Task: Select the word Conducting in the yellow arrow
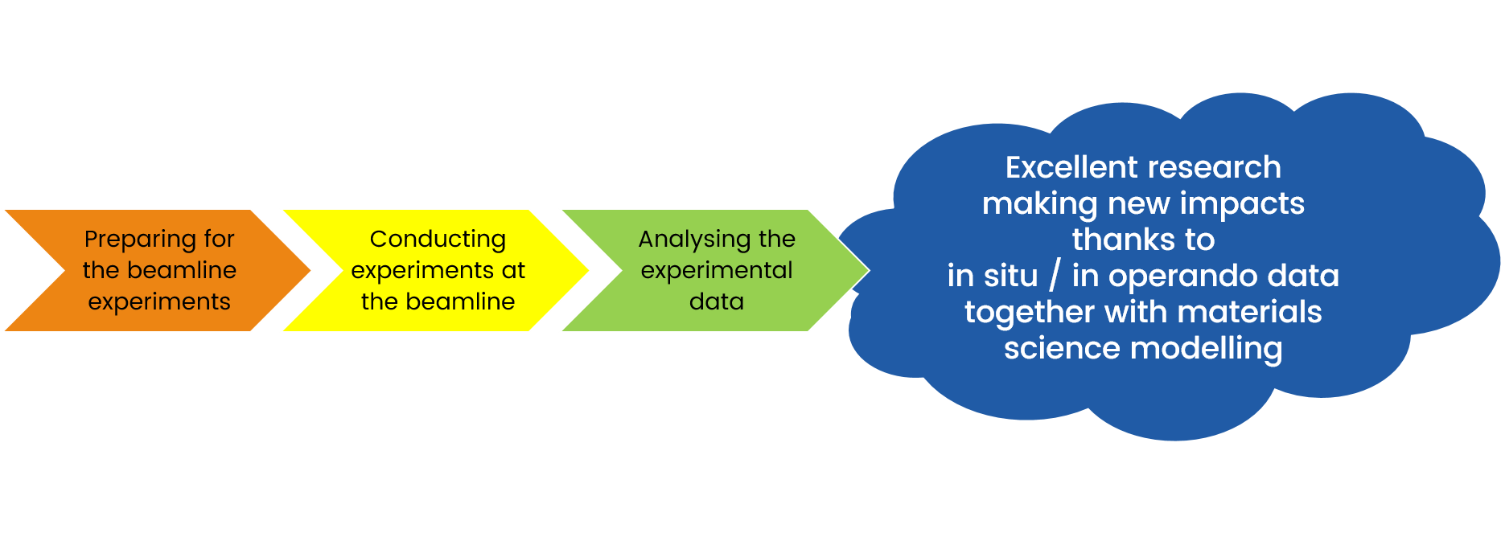click(x=438, y=240)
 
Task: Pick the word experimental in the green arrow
click(x=717, y=270)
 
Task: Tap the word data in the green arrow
click(x=717, y=301)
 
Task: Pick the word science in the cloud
click(x=1062, y=348)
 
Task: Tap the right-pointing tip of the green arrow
click(x=867, y=270)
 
